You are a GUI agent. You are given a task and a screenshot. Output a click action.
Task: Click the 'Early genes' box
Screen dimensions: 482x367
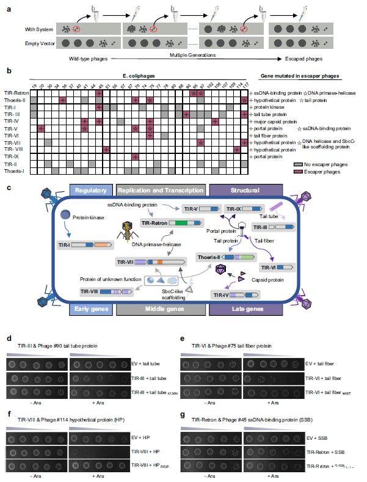(x=90, y=310)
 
